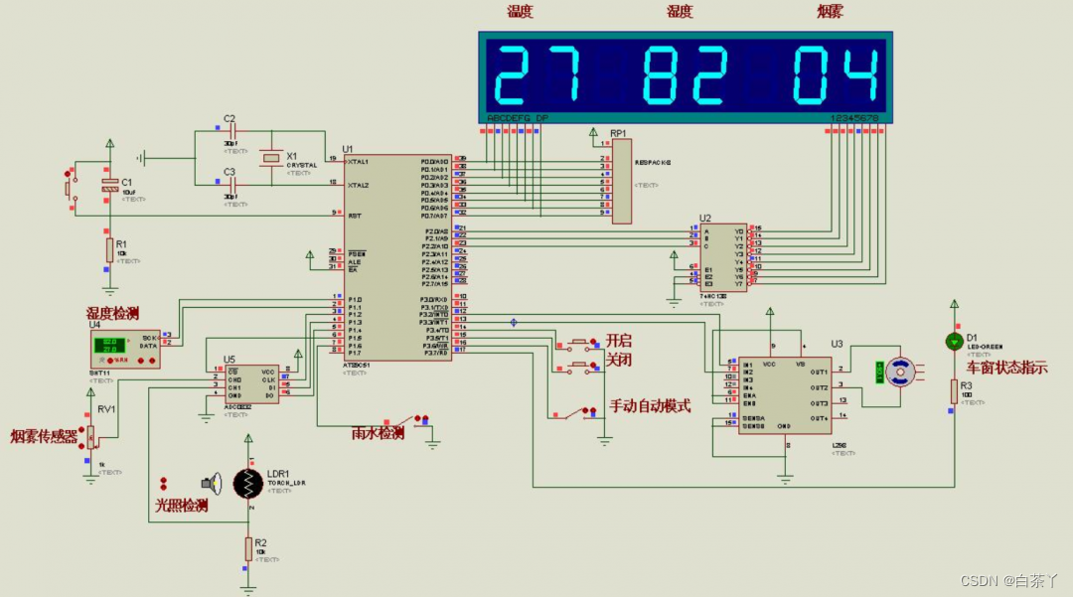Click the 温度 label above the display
[521, 12]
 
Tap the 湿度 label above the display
[680, 12]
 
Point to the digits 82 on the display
[683, 76]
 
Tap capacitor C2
[231, 131]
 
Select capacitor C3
[231, 184]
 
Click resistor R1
[109, 247]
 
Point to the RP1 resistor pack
[621, 181]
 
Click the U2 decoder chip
[722, 256]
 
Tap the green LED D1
[954, 342]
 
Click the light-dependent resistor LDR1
[248, 484]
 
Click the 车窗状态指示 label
[1007, 366]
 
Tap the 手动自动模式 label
[650, 405]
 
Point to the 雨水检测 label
[378, 433]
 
